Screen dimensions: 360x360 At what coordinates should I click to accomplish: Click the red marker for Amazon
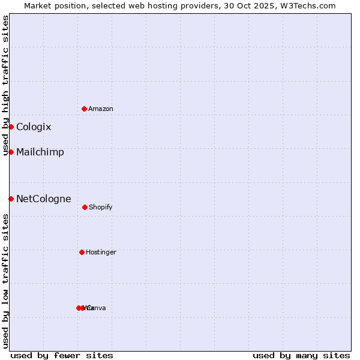pyautogui.click(x=85, y=109)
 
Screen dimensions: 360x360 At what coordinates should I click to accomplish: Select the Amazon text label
pyautogui.click(x=101, y=109)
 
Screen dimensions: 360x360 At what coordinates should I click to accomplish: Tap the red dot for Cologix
pyautogui.click(x=11, y=127)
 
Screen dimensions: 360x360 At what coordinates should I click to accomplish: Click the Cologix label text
pyautogui.click(x=34, y=127)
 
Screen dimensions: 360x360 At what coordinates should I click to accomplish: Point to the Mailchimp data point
pyautogui.click(x=11, y=152)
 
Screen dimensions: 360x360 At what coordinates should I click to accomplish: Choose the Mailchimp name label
pyautogui.click(x=40, y=152)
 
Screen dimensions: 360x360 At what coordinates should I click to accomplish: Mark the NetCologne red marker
pyautogui.click(x=11, y=199)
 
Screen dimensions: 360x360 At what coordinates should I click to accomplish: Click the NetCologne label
pyautogui.click(x=44, y=199)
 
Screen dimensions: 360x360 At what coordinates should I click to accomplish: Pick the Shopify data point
pyautogui.click(x=85, y=207)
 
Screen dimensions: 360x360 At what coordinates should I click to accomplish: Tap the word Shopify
pyautogui.click(x=101, y=208)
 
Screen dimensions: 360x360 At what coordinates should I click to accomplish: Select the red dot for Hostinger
pyautogui.click(x=82, y=252)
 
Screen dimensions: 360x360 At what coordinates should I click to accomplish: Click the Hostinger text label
pyautogui.click(x=101, y=253)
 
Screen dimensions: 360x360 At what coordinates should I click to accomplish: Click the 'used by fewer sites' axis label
pyautogui.click(x=62, y=355)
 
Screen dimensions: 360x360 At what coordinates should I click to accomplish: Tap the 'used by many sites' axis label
pyautogui.click(x=301, y=355)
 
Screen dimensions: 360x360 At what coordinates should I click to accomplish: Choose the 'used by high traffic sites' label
pyautogui.click(x=5, y=86)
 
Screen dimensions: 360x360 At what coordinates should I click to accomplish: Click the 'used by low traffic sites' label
pyautogui.click(x=5, y=281)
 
